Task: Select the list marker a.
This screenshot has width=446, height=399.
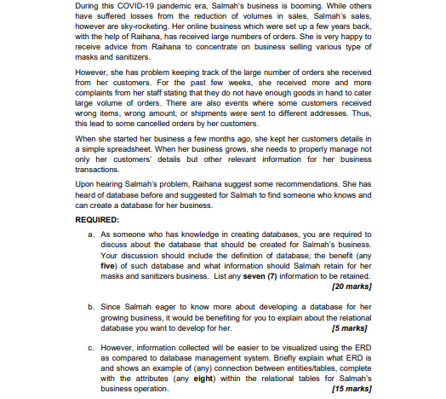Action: [x=91, y=234]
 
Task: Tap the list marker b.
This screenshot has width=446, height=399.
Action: [x=91, y=306]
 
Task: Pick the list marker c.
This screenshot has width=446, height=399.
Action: [x=91, y=348]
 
